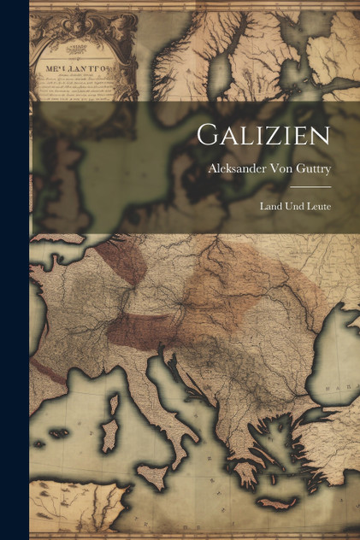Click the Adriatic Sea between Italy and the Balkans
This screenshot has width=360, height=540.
(175, 376)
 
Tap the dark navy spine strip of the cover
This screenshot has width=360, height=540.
(14, 270)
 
